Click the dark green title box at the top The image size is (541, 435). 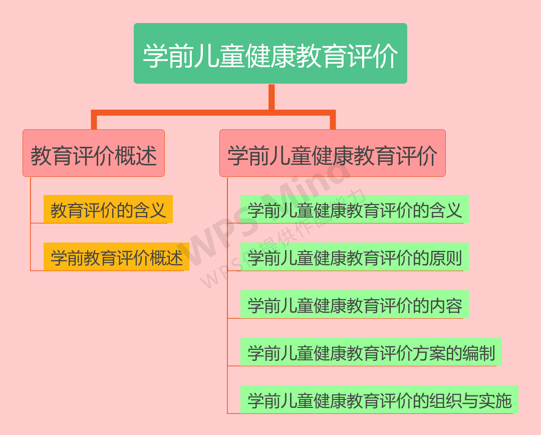[270, 54]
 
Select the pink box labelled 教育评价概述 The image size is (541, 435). [94, 153]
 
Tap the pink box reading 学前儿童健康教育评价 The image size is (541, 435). [333, 153]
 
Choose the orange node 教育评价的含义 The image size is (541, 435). [108, 209]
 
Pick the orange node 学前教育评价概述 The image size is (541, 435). [116, 257]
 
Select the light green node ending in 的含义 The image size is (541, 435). [354, 209]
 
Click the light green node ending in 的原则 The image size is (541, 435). [354, 257]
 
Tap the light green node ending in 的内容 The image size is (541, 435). [354, 304]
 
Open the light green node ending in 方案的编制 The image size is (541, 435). [371, 352]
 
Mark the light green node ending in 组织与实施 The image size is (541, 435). [379, 399]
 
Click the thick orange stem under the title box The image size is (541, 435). [272, 98]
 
